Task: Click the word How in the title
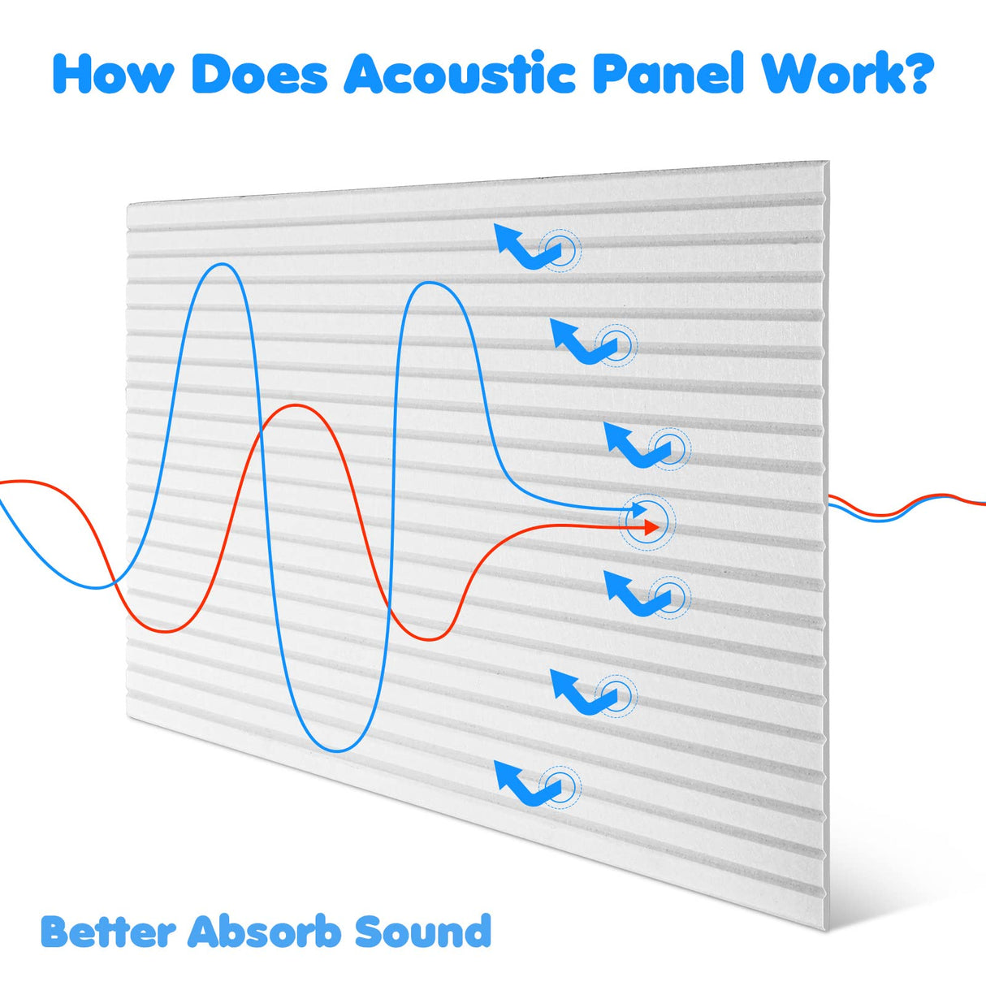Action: (x=113, y=75)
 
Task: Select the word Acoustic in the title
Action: (x=460, y=75)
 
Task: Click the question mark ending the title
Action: (x=919, y=75)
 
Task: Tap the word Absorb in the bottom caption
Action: (x=265, y=932)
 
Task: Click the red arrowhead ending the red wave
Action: (x=650, y=527)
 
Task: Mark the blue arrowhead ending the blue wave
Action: (x=641, y=510)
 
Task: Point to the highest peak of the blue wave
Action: (x=219, y=264)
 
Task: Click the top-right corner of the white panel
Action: (x=828, y=162)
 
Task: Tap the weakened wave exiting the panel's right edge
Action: (x=902, y=508)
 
